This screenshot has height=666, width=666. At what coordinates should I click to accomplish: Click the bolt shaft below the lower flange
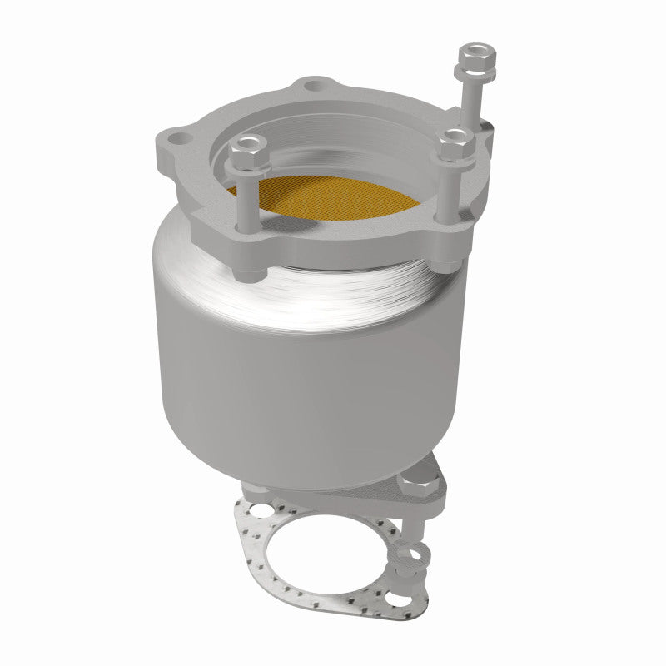pos(414,521)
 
